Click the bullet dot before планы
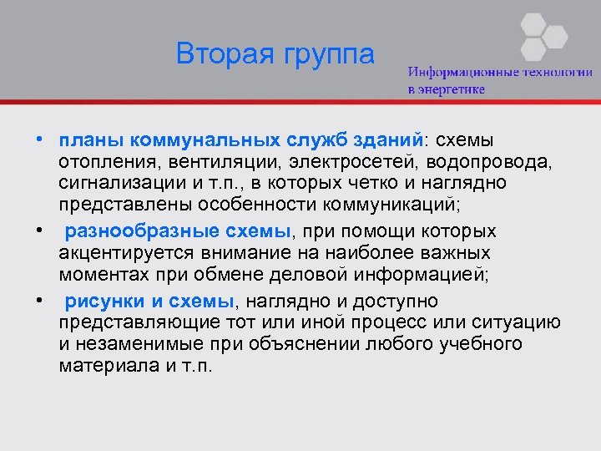pos(39,138)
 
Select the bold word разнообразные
pos(137,230)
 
